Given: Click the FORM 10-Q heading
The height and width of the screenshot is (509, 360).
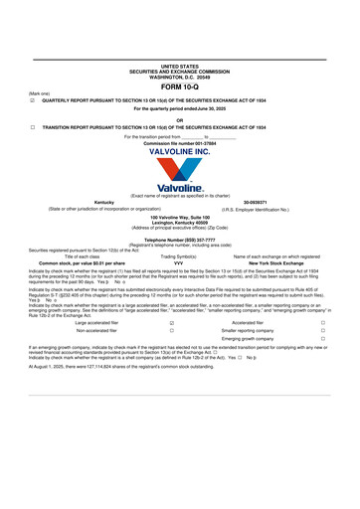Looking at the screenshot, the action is [x=179, y=87].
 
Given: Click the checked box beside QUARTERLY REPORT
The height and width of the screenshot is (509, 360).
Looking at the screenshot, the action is [x=34, y=100].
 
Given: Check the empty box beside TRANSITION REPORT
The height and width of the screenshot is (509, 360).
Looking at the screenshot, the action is [x=34, y=127].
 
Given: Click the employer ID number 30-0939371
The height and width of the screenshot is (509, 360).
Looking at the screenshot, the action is [x=257, y=202].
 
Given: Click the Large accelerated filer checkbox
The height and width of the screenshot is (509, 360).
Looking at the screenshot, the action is [x=172, y=323].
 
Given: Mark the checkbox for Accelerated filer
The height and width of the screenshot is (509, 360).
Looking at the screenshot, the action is [x=322, y=323].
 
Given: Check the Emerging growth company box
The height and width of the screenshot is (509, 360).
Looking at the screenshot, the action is [x=322, y=339].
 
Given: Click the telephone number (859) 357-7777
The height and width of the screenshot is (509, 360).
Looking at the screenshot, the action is [x=179, y=240].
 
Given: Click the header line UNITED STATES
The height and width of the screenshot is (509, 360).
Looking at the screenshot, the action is [x=179, y=65].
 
